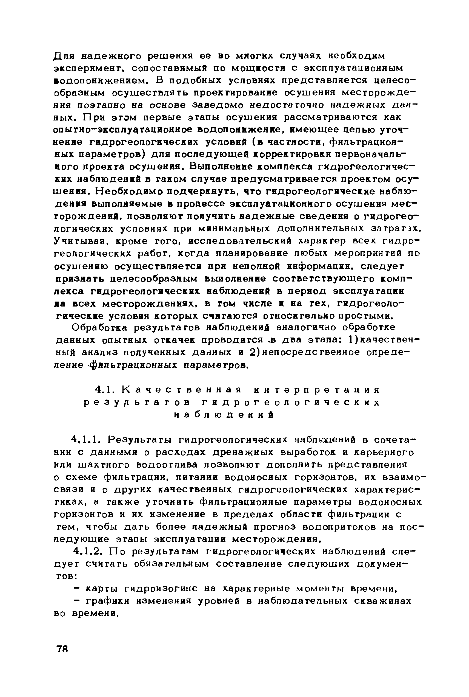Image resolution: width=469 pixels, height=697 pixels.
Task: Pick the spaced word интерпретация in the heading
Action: coord(317,390)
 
